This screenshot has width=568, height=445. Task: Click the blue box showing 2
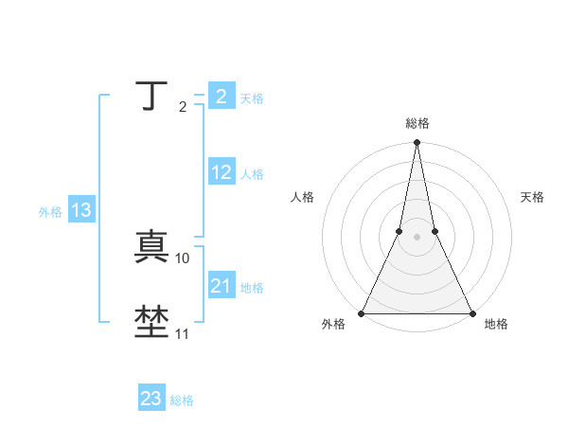(x=221, y=97)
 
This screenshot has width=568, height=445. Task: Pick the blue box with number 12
(x=222, y=172)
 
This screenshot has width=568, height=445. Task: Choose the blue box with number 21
(x=222, y=286)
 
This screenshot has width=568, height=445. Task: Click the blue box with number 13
(x=81, y=210)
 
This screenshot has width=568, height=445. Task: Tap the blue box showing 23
(x=151, y=399)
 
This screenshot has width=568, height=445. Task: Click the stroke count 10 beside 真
(x=183, y=258)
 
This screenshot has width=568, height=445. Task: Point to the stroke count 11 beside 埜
(x=183, y=333)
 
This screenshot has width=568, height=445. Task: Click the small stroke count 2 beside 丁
(x=183, y=106)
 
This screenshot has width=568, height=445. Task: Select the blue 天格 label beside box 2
(x=252, y=98)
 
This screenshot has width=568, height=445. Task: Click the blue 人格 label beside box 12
(x=252, y=174)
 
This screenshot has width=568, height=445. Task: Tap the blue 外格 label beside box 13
(x=50, y=212)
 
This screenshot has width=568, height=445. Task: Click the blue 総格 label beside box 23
(x=182, y=400)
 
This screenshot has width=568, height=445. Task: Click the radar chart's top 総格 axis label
(x=417, y=124)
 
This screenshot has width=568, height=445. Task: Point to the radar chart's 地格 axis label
(x=496, y=325)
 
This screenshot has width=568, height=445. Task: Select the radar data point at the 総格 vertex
(x=417, y=143)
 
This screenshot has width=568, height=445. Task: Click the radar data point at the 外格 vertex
(x=363, y=313)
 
